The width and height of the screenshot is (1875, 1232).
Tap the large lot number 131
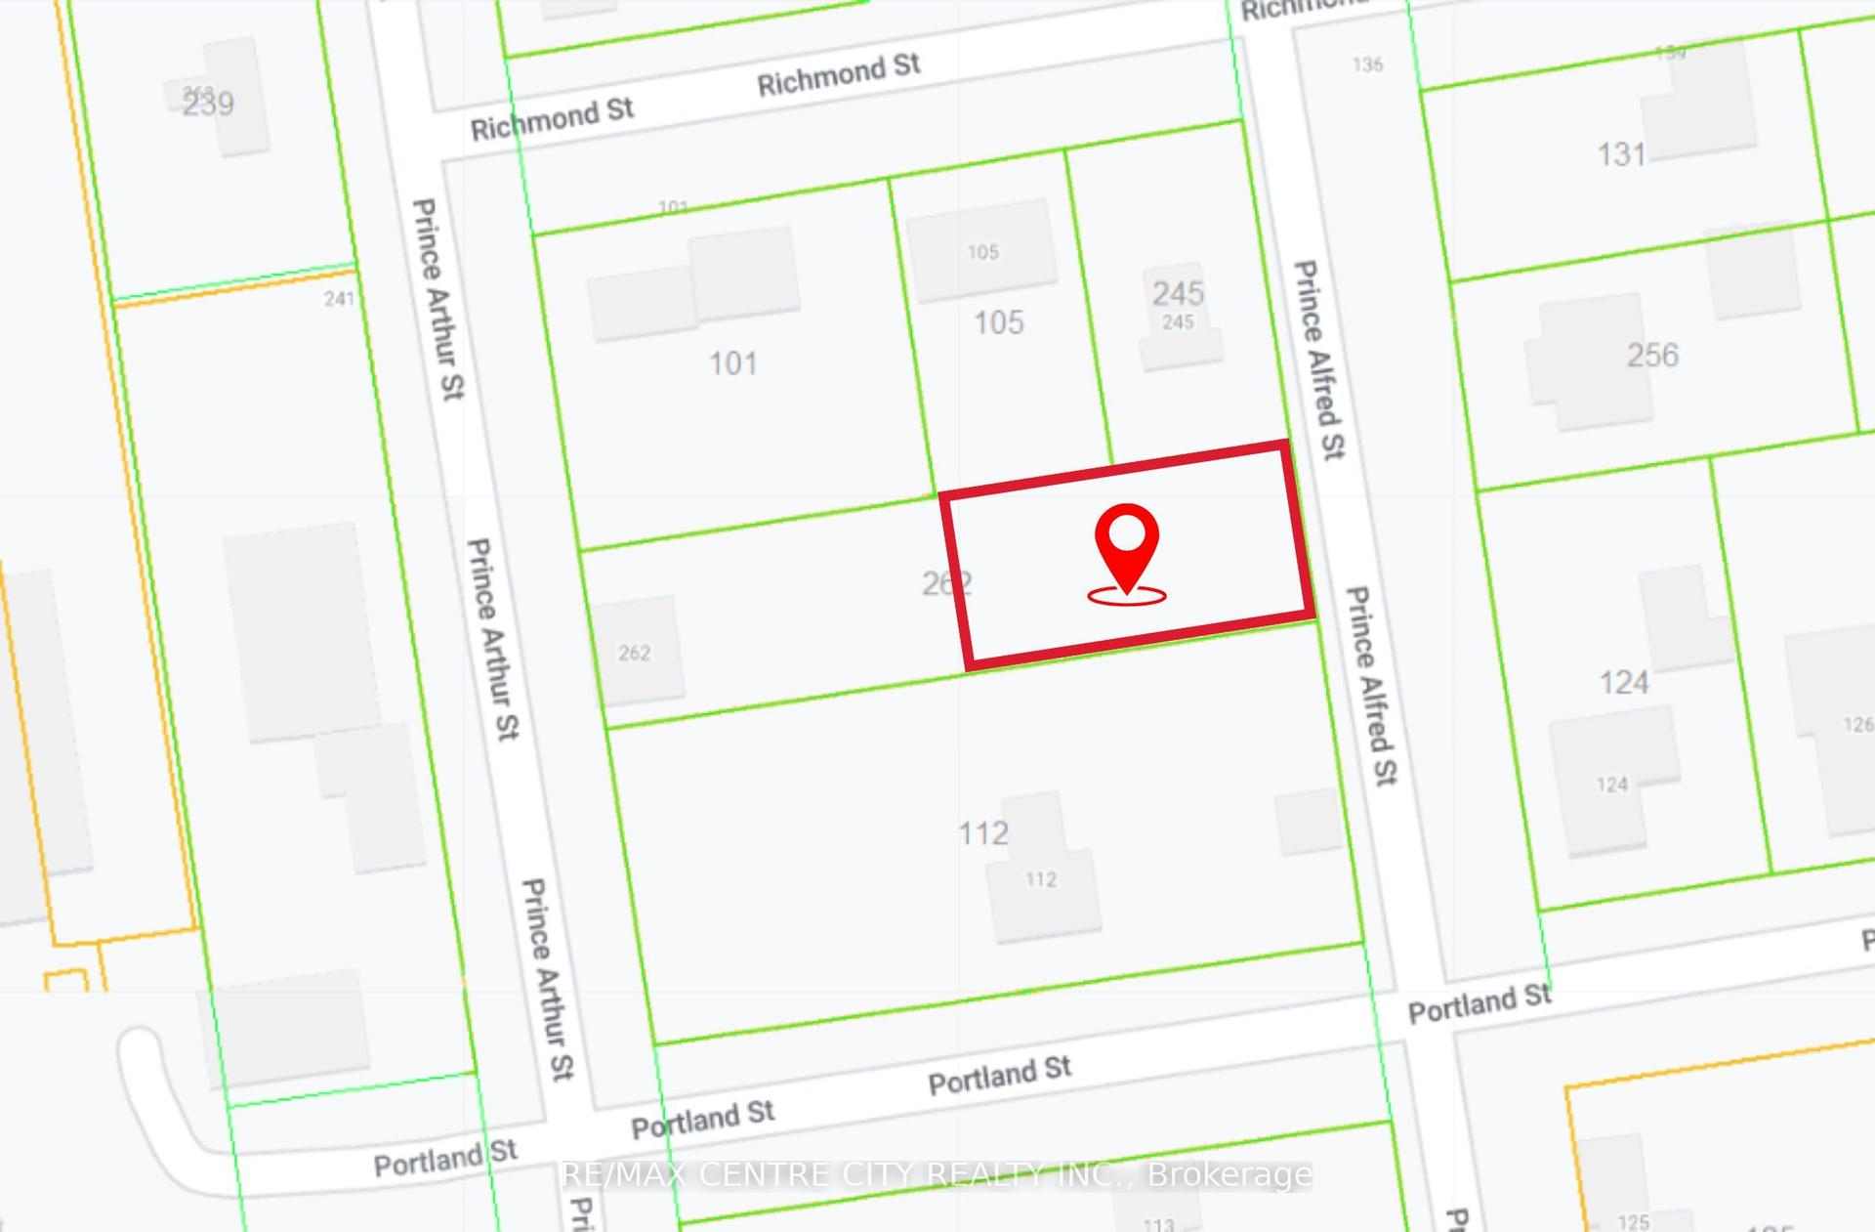[x=1621, y=154]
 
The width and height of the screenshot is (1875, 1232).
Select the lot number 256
[x=1652, y=355]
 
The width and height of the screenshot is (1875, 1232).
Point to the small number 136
[x=1367, y=64]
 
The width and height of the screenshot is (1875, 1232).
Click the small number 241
[x=339, y=298]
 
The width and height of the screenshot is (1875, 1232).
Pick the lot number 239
[x=208, y=104]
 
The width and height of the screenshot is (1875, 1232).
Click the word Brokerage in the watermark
[x=1229, y=1174]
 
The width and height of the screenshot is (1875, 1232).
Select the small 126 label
[x=1857, y=724]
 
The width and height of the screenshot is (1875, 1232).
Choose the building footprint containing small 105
[x=982, y=250]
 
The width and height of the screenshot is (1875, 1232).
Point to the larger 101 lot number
[x=732, y=363]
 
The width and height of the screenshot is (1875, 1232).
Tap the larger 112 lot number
[x=982, y=833]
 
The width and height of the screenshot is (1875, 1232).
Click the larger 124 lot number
[x=1623, y=682]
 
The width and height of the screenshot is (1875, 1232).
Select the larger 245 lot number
[x=1178, y=293]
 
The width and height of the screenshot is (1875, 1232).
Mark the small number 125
[x=1633, y=1221]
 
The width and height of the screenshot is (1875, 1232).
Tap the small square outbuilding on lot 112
[x=1309, y=821]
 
